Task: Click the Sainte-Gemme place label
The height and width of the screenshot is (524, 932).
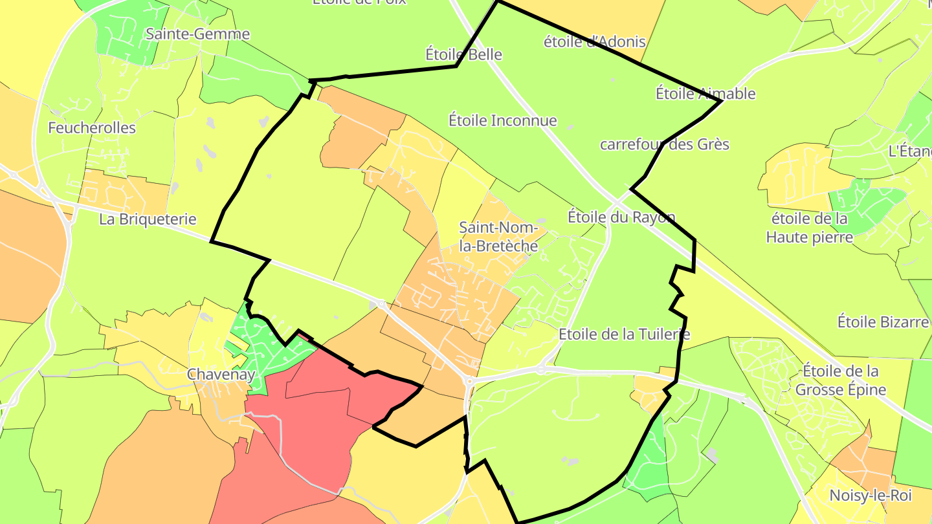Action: pos(197,34)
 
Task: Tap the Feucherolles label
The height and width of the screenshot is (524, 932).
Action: pos(92,127)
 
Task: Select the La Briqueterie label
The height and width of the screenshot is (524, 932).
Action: pos(148,219)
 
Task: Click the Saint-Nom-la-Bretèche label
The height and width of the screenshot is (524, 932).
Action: pos(498,237)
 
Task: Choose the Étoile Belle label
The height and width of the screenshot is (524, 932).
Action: pos(463,54)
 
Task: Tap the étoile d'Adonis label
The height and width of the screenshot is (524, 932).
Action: pos(594,42)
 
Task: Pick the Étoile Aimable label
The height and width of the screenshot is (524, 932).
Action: pos(705,93)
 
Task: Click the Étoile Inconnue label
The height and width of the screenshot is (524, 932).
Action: pos(502,120)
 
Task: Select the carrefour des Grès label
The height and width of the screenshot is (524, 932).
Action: pos(664,144)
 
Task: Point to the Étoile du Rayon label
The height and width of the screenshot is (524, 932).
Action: pos(621,217)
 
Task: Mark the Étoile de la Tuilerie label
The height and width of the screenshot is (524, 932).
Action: pos(624,334)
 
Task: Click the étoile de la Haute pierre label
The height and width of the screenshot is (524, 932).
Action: pos(809,228)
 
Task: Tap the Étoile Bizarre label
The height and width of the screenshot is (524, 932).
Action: pos(883,322)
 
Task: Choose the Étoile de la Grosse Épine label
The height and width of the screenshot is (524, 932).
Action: pos(840,380)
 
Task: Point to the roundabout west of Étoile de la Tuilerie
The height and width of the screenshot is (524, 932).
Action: pos(540,369)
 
